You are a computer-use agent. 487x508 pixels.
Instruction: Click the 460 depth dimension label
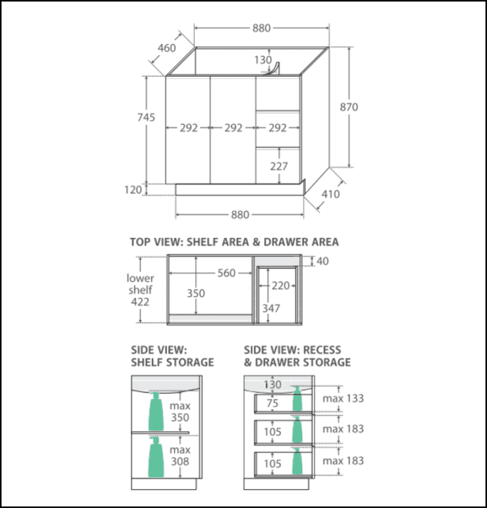167,48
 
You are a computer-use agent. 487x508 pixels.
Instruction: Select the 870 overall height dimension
349,107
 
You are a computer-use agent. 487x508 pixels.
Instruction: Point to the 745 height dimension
146,117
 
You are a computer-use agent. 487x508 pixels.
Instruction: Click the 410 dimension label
330,194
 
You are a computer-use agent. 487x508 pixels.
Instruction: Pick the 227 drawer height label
279,166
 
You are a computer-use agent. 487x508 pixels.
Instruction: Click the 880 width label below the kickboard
240,215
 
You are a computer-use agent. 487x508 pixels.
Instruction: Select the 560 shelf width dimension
226,273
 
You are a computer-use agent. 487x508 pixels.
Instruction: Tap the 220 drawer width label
280,286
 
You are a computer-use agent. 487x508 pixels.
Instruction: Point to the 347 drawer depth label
271,308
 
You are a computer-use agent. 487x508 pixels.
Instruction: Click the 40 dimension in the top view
323,262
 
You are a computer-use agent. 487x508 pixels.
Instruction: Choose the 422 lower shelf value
140,302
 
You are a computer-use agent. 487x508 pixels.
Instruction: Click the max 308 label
180,456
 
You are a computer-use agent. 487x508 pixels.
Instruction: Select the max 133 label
343,399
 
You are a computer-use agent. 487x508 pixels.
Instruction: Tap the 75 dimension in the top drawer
272,404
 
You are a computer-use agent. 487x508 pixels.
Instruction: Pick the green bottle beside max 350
156,411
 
